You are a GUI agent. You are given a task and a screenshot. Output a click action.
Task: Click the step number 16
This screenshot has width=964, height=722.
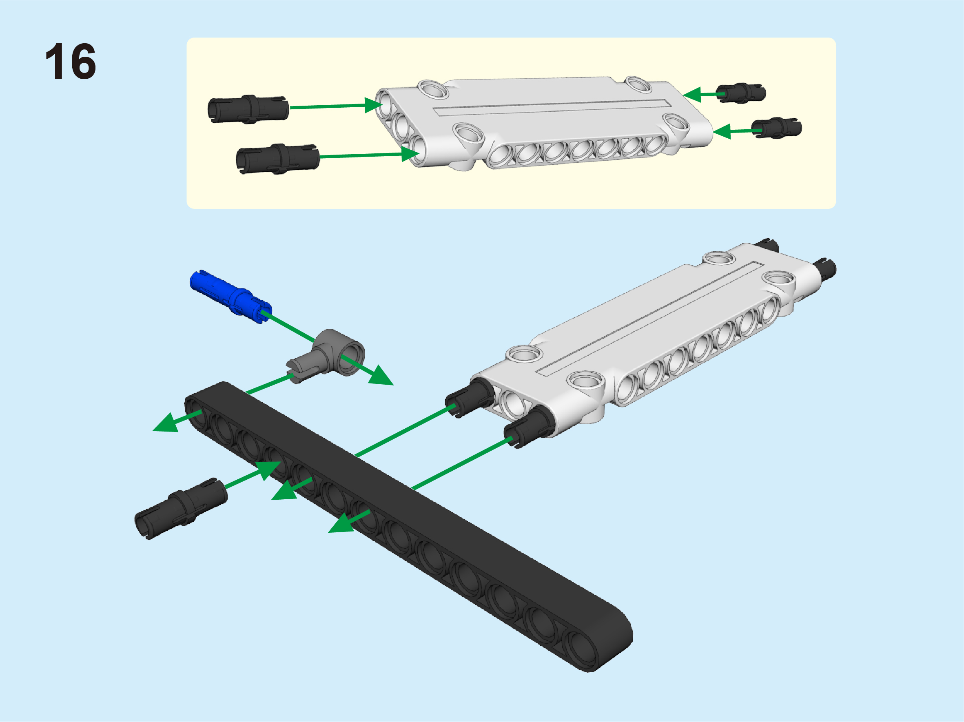click(x=71, y=62)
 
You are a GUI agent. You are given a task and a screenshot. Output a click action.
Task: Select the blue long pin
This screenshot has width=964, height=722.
click(x=231, y=296)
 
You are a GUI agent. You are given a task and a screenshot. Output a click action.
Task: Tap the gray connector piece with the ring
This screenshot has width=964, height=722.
click(x=326, y=356)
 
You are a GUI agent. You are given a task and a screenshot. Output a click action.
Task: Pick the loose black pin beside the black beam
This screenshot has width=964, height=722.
click(x=181, y=508)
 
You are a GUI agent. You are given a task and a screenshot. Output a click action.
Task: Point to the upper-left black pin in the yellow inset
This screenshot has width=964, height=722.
click(x=248, y=109)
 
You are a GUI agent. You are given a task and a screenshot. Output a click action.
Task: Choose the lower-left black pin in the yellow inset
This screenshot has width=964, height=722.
click(x=277, y=159)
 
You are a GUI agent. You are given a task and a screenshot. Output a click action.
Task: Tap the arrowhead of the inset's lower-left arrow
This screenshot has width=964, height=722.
click(x=410, y=154)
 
